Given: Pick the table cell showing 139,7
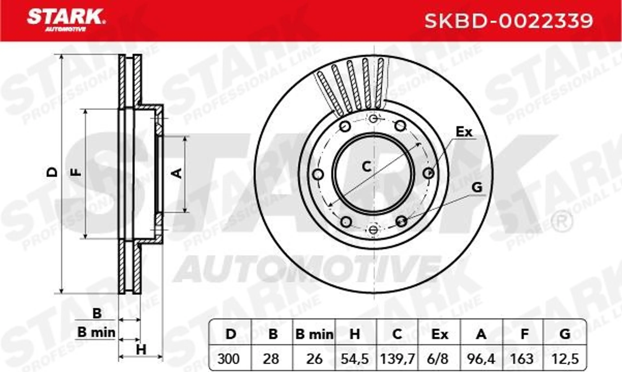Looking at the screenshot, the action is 397,359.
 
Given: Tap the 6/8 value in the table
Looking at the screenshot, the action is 439,359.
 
